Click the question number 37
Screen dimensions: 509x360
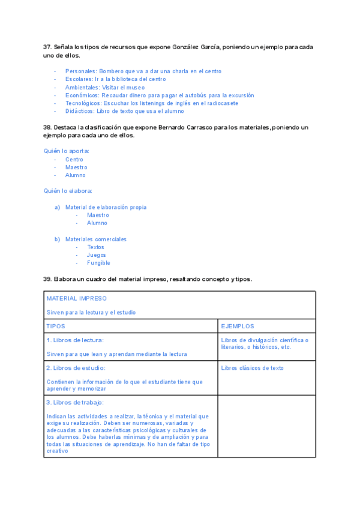tap(47, 47)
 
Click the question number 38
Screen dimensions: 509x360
tap(47, 127)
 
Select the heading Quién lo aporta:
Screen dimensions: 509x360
tap(67, 151)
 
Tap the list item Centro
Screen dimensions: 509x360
tap(74, 160)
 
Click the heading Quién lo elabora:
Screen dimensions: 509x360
tap(68, 191)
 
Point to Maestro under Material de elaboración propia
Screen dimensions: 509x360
tap(98, 215)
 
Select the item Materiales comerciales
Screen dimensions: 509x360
tap(96, 239)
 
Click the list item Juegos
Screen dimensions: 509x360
tap(97, 255)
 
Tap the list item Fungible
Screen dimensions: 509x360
tap(98, 263)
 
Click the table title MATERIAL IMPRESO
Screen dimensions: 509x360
tap(77, 298)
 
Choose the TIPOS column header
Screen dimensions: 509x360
tap(56, 327)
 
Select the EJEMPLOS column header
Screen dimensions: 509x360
tap(238, 327)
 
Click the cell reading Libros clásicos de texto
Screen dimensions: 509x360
tap(253, 368)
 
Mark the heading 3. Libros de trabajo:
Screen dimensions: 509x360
tap(75, 402)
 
